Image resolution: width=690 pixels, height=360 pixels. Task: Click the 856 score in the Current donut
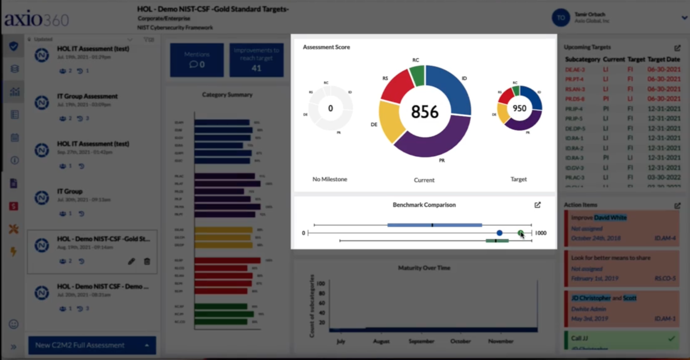(x=424, y=111)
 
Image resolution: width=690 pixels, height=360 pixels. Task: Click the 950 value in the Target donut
(x=519, y=108)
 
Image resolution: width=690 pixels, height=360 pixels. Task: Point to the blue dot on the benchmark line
(x=499, y=233)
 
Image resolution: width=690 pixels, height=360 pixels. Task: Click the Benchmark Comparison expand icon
(x=537, y=205)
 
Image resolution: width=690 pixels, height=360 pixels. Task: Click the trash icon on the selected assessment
(x=147, y=261)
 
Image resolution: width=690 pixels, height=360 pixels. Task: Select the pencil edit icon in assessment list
(x=131, y=261)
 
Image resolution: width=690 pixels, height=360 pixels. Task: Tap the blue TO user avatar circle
(x=560, y=18)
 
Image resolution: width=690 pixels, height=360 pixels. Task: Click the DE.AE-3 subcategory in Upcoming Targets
(x=575, y=69)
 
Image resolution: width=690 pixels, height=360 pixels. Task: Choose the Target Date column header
(x=663, y=59)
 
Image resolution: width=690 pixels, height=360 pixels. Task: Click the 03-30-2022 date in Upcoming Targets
(x=664, y=178)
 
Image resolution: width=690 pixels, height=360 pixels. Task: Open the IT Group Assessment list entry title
(x=87, y=96)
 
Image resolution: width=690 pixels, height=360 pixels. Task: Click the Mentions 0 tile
(x=197, y=60)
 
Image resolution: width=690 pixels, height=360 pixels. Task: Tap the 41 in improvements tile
(x=256, y=68)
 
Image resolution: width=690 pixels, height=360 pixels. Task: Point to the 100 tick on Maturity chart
(x=321, y=284)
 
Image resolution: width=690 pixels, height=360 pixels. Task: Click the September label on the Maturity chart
(x=421, y=341)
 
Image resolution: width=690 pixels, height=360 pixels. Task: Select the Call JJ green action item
(x=621, y=339)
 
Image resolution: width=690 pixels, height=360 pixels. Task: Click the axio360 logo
(x=37, y=19)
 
